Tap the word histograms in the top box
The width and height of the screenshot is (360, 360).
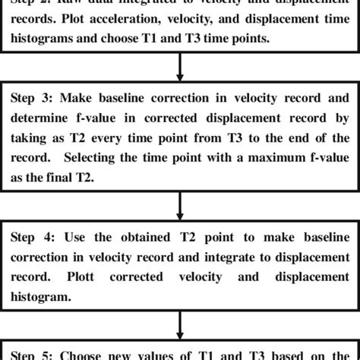pyautogui.click(x=39, y=36)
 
